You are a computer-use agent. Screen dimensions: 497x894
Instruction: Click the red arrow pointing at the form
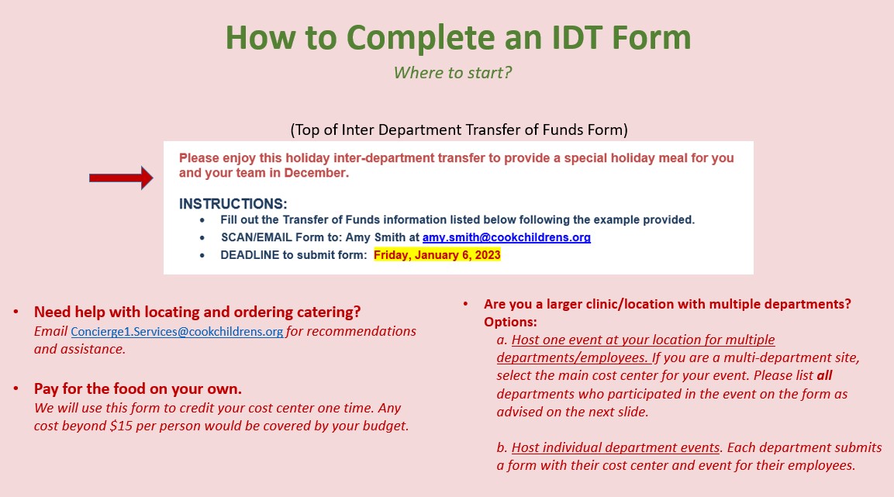click(x=121, y=178)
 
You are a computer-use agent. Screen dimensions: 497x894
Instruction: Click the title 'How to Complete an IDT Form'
click(x=457, y=37)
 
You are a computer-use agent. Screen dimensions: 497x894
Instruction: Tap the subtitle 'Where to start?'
click(x=453, y=73)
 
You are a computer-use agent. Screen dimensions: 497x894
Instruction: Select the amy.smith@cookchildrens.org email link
click(x=506, y=237)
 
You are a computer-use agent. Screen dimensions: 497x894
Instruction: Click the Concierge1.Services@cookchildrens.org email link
click(x=177, y=332)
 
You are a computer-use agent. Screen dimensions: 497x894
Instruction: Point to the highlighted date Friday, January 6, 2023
click(x=437, y=255)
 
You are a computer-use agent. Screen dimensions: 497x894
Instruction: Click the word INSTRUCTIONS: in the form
click(x=233, y=204)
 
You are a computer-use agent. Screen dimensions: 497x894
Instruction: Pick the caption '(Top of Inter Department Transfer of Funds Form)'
click(x=459, y=129)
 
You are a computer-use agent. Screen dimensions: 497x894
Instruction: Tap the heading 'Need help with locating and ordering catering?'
click(x=197, y=312)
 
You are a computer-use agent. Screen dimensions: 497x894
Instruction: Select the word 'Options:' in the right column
click(x=510, y=322)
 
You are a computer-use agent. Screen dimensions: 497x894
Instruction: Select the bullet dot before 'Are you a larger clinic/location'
click(x=466, y=303)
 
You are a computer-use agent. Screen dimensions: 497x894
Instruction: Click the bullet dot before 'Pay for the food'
click(x=16, y=388)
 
